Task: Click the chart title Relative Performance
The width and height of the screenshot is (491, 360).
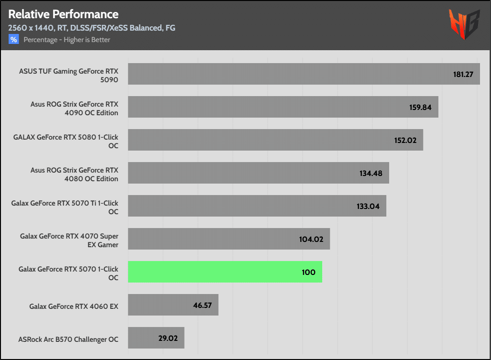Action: (x=63, y=14)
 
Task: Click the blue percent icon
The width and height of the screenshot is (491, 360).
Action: (x=13, y=40)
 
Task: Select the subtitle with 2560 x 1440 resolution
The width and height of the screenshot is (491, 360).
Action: (x=91, y=28)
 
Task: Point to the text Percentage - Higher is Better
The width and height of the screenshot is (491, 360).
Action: (x=67, y=40)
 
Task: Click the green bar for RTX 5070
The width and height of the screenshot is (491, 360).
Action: (x=225, y=272)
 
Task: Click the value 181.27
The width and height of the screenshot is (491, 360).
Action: (x=463, y=75)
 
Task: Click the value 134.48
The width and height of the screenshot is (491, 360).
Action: (x=371, y=174)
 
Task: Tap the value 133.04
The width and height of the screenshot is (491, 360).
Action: (x=368, y=207)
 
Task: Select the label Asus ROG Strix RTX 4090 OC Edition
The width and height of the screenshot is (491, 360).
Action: (x=74, y=108)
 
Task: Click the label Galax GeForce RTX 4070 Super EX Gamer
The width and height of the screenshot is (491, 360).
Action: (x=69, y=240)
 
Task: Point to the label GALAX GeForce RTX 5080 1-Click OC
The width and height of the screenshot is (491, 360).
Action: (x=66, y=141)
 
